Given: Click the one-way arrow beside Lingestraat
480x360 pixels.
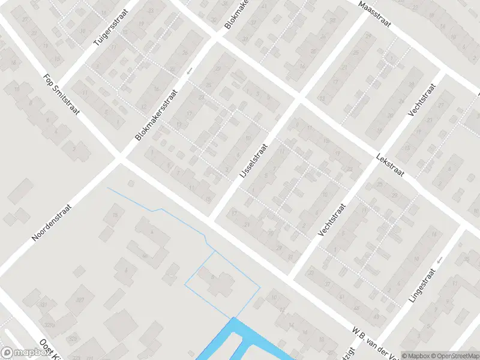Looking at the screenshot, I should (x=439, y=260).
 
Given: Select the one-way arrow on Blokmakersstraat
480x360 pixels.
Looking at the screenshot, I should (x=189, y=71).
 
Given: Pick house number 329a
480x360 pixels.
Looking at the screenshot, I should (x=49, y=325).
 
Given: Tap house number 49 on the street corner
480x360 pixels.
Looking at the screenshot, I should (x=377, y=316).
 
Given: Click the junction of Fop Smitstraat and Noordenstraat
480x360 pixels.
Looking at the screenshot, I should (x=119, y=160).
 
